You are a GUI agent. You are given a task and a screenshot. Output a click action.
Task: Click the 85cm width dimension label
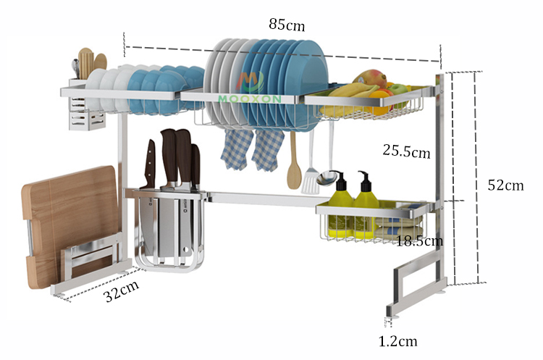tap(287, 24)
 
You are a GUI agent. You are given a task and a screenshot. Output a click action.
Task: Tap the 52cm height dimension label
tap(505, 185)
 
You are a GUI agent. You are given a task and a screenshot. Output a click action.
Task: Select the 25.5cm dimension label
tap(406, 152)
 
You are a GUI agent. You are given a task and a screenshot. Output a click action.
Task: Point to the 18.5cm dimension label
tap(419, 240)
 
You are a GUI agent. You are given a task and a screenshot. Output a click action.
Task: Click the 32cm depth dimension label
tap(120, 293)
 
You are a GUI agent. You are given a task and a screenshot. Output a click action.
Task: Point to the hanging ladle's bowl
tap(327, 177)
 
